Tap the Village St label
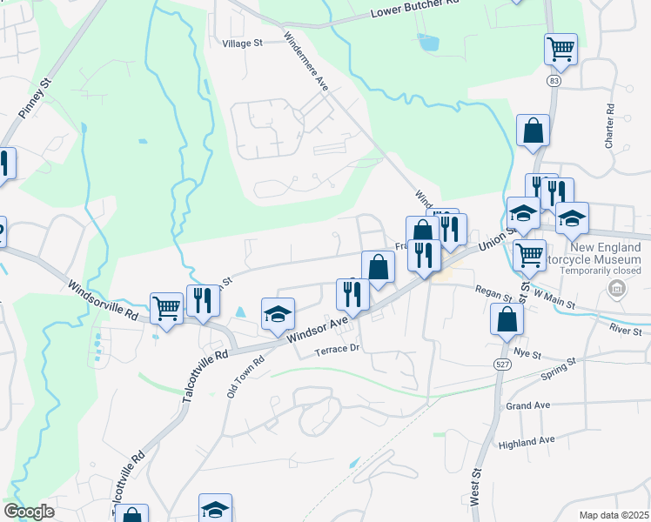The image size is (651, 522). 242,43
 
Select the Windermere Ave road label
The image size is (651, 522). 305,63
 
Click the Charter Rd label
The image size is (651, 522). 610,127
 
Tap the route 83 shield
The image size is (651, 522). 554,81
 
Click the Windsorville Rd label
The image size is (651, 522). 103,298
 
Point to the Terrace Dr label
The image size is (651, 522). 337,349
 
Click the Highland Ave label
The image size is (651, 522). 526,443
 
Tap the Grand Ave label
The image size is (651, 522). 528,406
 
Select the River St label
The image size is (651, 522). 625,331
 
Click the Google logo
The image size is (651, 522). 29,512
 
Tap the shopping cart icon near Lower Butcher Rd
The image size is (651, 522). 560,49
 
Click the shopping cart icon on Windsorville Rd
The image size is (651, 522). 165,307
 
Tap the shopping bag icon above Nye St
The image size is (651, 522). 507,319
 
